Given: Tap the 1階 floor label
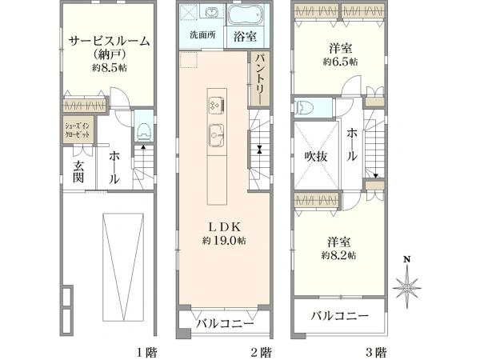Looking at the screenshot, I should pos(145,350).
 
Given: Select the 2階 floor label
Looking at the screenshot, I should pos(260,350).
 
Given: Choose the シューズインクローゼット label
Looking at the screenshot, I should pos(77,130).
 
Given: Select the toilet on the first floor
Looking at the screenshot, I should pos(142,128).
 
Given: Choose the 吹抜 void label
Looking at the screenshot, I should pos(315,157).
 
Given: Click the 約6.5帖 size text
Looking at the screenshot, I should pos(340,61).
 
